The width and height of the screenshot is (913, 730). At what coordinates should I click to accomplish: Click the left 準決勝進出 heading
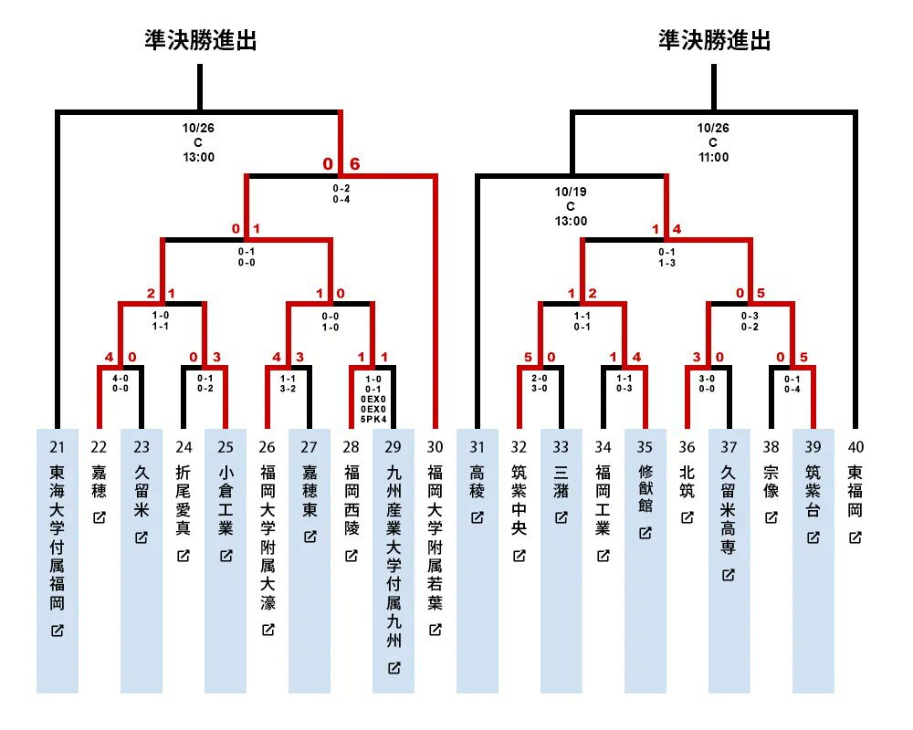point(200,40)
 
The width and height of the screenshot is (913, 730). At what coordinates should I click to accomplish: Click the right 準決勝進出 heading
point(715,40)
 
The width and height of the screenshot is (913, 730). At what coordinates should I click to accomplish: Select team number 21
point(58,447)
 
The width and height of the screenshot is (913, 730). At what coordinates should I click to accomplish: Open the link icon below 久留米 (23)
point(142,537)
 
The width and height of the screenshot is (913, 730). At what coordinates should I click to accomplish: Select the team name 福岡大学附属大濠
point(268,538)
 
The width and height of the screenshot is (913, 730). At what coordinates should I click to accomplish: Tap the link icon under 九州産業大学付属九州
point(394,668)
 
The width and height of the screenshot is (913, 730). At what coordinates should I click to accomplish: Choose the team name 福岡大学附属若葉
point(436,538)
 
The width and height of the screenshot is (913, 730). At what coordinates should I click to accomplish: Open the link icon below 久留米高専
point(729,575)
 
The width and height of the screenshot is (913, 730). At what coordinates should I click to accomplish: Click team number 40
point(855,447)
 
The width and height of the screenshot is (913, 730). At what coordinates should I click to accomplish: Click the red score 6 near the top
point(355,164)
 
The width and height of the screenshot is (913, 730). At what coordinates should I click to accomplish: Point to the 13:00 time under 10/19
point(572,221)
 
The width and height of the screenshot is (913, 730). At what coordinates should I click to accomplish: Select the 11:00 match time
point(714,157)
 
